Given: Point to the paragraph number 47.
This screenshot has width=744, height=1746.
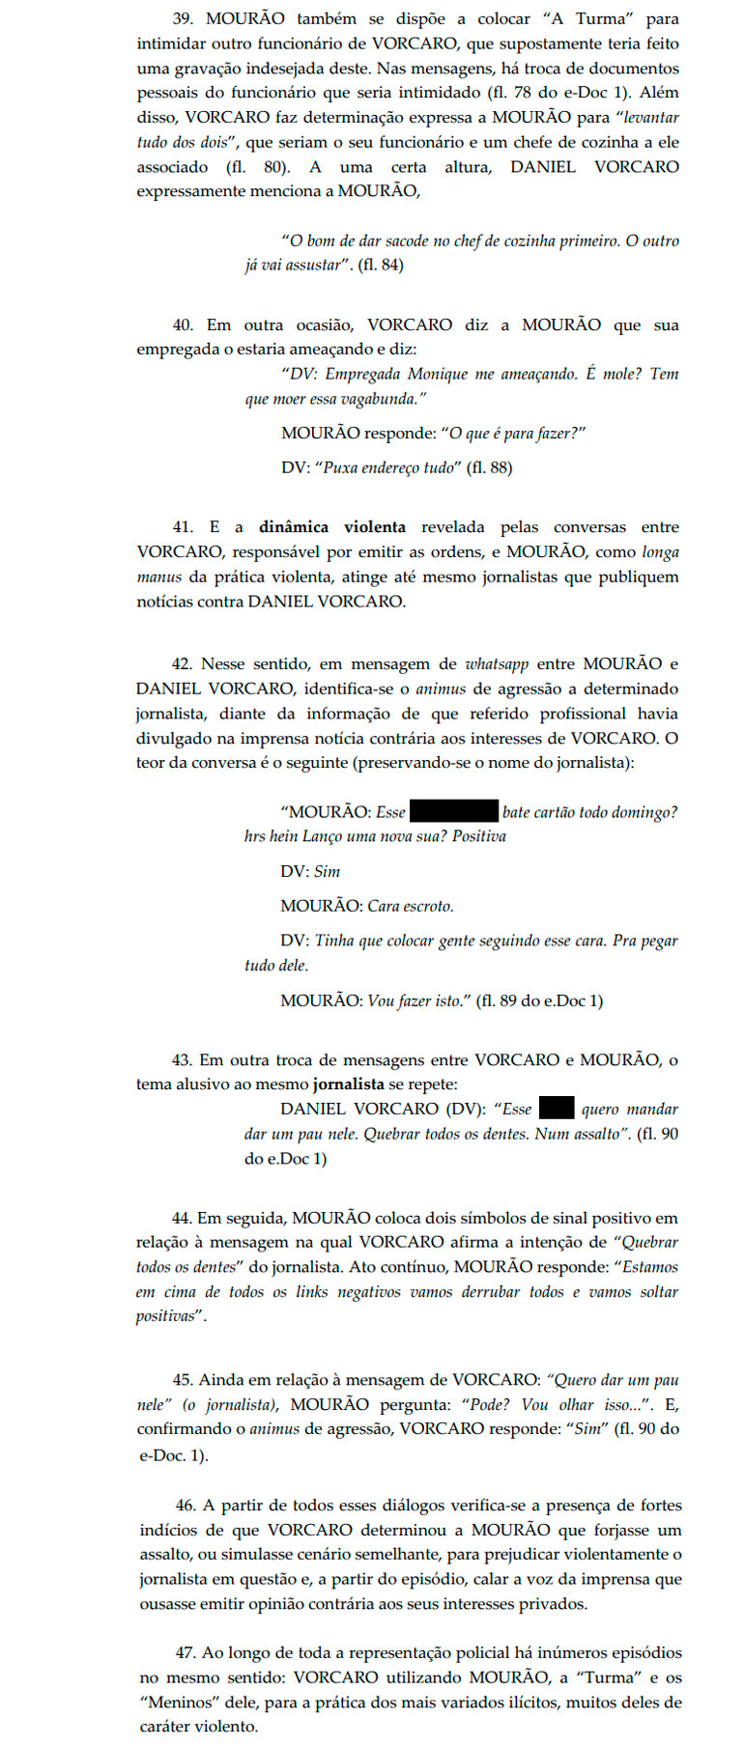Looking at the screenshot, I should (186, 1653).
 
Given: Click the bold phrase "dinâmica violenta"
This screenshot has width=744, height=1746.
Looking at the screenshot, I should (331, 527).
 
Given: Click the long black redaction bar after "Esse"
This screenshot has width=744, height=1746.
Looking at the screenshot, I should (453, 811).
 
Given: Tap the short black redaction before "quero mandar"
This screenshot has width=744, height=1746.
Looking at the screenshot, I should (556, 1109).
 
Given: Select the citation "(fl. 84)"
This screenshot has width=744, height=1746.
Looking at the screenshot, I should (381, 265).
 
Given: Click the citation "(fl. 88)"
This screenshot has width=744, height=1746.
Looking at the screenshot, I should (489, 467).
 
